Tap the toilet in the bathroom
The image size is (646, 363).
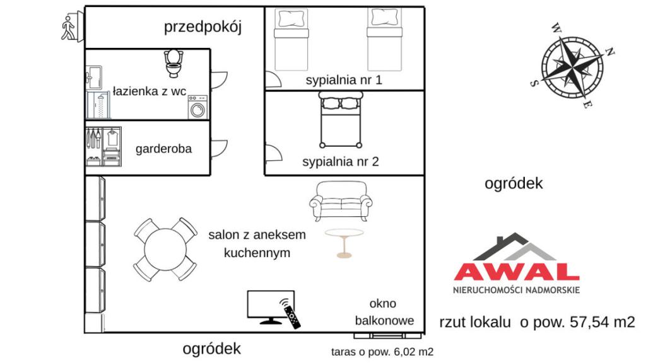(173, 64)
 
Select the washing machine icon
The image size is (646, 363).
(197, 107)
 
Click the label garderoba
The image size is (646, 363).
(163, 149)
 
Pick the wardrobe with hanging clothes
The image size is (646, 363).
(103, 146)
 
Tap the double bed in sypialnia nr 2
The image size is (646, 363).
(341, 120)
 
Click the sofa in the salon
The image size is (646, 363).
(341, 201)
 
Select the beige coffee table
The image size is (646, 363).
(344, 243)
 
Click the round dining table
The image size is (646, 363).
(165, 250)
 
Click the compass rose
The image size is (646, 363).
(572, 67)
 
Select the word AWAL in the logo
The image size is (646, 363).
(517, 272)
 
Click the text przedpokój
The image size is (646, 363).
(203, 27)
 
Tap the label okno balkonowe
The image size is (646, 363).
(384, 312)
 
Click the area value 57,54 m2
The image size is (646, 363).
(602, 322)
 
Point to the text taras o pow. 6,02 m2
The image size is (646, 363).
(382, 352)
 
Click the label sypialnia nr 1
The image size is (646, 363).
(344, 80)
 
